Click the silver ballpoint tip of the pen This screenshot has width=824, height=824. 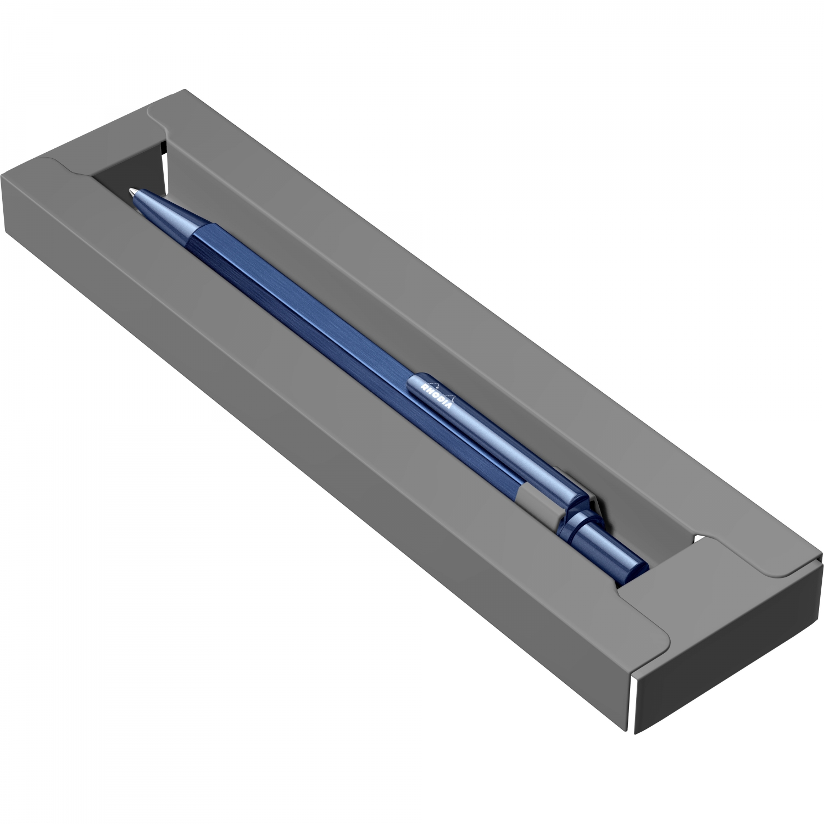pyautogui.click(x=132, y=192)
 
